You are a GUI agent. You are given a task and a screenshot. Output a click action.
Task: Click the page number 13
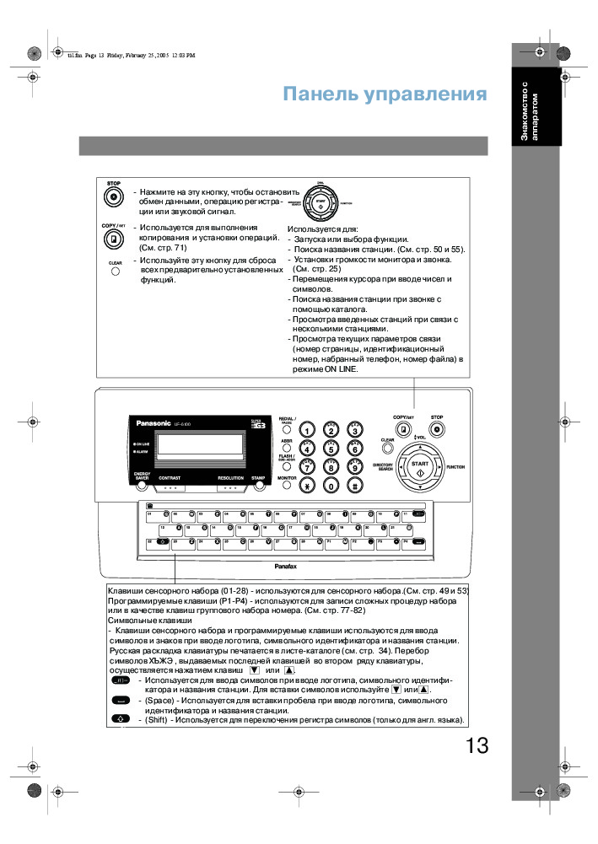pos(476,745)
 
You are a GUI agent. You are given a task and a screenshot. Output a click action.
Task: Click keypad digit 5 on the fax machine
pos(331,449)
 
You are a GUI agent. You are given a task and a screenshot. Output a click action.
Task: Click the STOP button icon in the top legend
pos(113,196)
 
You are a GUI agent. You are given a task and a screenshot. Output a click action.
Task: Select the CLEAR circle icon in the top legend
pos(115,271)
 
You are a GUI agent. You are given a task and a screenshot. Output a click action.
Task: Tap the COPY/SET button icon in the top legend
pos(113,239)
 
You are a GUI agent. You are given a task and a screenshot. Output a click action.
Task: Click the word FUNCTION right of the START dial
pos(456,466)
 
